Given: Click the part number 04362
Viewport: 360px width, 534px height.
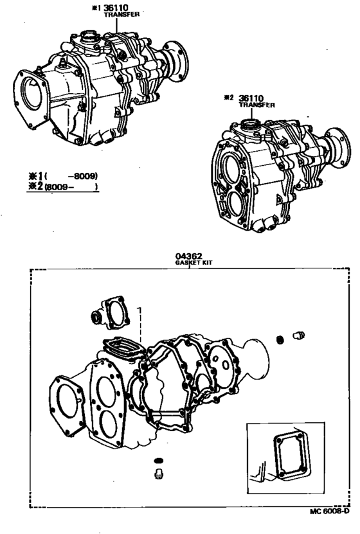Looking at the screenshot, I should pyautogui.click(x=188, y=255).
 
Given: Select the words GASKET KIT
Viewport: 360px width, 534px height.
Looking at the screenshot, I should pyautogui.click(x=188, y=263).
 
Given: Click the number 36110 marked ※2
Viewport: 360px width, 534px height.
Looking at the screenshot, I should pyautogui.click(x=253, y=98).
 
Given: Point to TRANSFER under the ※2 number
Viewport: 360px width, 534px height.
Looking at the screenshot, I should pyautogui.click(x=257, y=105).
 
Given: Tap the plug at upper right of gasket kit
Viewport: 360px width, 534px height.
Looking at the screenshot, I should pyautogui.click(x=298, y=335).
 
